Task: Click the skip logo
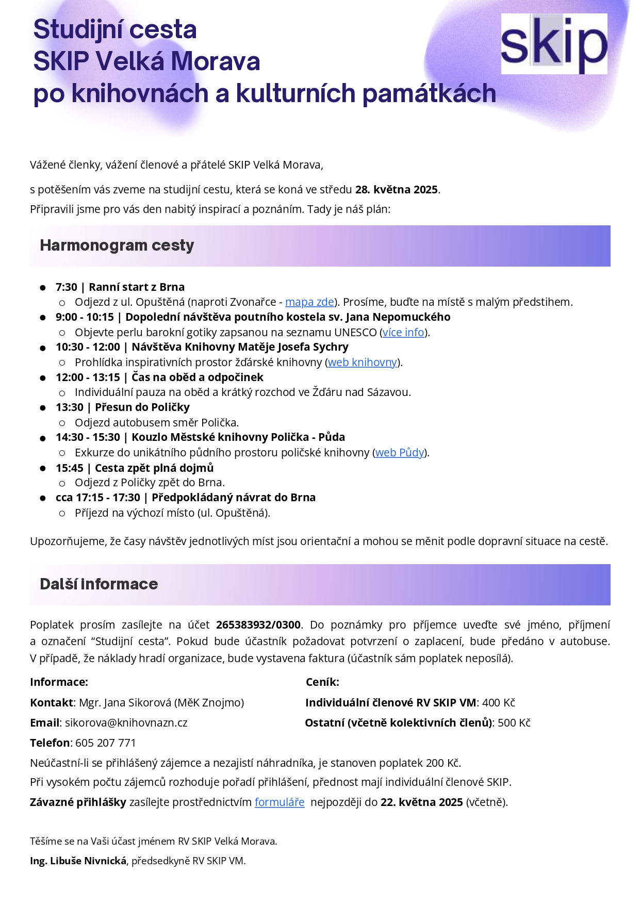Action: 554,44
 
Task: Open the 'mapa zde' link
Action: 309,302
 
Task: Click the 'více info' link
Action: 403,333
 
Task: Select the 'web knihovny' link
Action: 363,363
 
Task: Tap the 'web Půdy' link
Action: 400,453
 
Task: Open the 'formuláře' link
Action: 280,802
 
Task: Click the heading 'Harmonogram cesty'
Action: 117,245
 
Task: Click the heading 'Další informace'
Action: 99,584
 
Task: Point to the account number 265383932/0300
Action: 258,625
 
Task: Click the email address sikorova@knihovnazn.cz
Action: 126,723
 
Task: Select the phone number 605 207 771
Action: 106,743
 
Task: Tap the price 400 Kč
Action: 499,703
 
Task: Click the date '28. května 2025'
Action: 397,190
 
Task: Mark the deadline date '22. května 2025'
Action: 421,802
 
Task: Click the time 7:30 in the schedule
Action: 67,287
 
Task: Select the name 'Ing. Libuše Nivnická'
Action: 78,861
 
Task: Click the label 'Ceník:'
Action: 322,682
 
